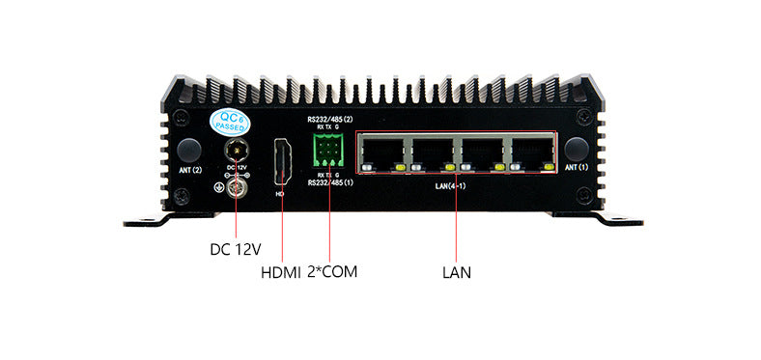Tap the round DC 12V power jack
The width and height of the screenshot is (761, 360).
coord(237,151)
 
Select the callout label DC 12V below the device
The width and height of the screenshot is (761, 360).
coord(236,249)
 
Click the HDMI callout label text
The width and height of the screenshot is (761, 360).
coord(281,272)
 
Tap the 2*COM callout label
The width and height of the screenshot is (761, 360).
coord(331,272)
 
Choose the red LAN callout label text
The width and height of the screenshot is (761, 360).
coord(456,272)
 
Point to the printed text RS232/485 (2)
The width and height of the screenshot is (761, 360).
coord(330,120)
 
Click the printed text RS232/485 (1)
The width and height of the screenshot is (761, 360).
coord(330,182)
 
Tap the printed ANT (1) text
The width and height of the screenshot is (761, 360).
coord(577,168)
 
